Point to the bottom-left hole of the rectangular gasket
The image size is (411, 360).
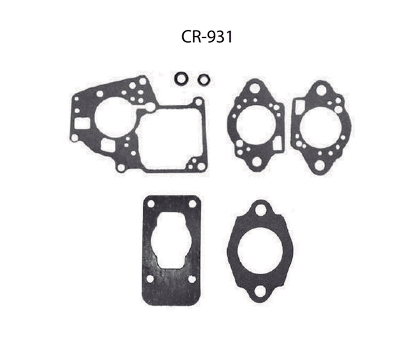[150, 279]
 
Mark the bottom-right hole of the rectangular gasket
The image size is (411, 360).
[192, 279]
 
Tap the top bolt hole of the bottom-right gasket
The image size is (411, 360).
[260, 210]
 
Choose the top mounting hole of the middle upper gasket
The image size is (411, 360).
[254, 88]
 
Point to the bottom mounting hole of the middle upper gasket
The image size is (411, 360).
[256, 162]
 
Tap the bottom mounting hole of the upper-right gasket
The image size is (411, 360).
[319, 165]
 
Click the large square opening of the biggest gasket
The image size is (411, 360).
[170, 137]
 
